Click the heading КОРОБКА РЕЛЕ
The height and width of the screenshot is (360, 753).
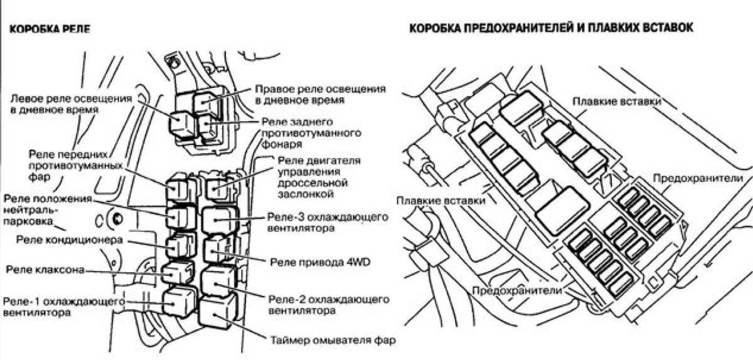tap(50, 29)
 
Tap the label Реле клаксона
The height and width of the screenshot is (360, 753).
tap(45, 270)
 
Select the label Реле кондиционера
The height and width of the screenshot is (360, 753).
tap(70, 240)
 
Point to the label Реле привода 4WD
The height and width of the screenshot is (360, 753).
tap(320, 262)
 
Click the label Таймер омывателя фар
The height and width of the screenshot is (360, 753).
tap(333, 340)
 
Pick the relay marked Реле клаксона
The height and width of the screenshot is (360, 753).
tap(178, 272)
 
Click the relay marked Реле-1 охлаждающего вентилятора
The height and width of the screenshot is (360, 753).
tap(179, 302)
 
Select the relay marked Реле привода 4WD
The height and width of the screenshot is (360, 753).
tap(219, 250)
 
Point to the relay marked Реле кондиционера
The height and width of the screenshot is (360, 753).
tap(181, 246)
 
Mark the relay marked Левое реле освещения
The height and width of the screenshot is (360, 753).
tap(182, 124)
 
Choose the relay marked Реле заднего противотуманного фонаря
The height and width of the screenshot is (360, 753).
tap(209, 127)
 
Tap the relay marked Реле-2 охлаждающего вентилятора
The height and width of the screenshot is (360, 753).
tap(219, 281)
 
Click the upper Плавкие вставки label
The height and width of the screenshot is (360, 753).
tap(616, 102)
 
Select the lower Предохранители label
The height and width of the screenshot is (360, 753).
tap(517, 290)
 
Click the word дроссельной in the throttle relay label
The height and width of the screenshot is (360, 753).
tap(312, 183)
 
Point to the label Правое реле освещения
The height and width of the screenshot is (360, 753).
tap(320, 95)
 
